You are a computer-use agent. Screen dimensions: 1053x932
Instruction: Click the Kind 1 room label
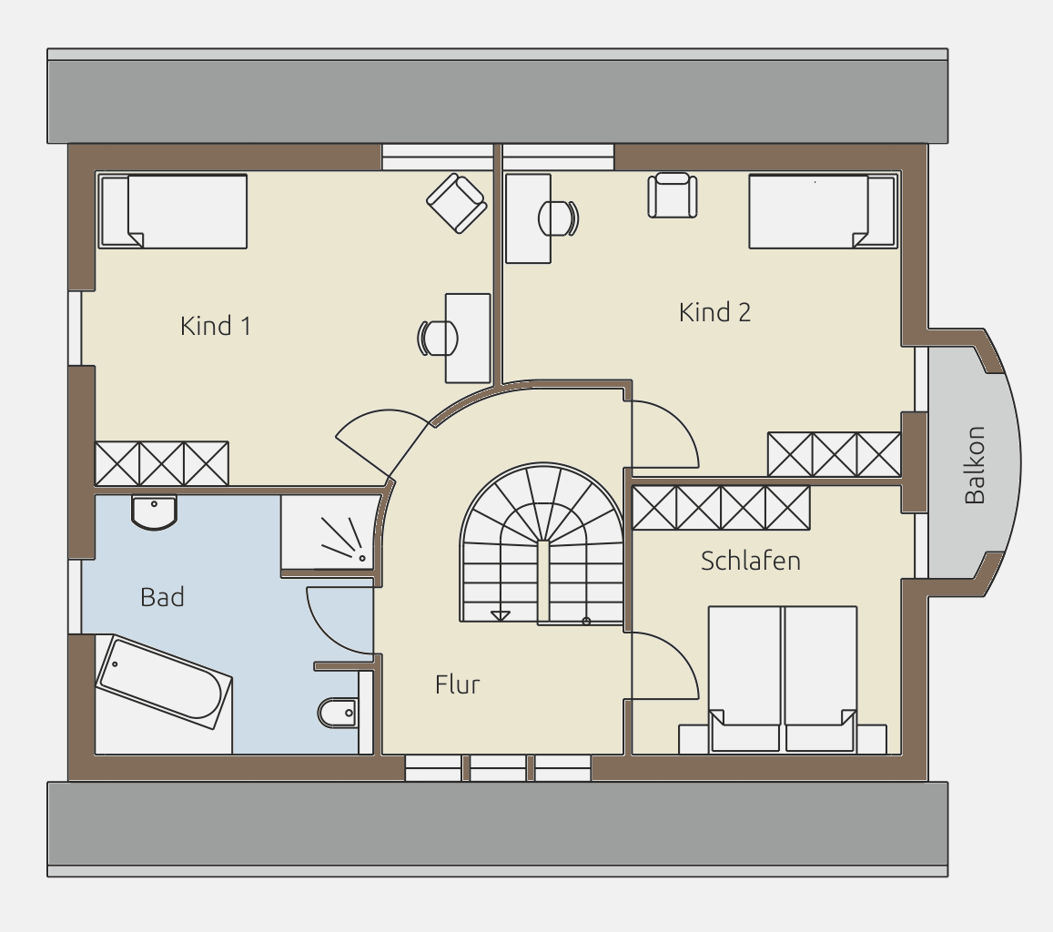tap(216, 326)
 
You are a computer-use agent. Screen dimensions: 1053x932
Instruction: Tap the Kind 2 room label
tap(714, 312)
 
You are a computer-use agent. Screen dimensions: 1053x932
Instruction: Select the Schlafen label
tap(750, 561)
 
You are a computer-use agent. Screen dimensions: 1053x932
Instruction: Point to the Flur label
tap(457, 684)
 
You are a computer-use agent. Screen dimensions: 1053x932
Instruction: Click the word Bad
tap(162, 597)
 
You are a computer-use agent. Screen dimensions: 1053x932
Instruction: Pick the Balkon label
tap(975, 465)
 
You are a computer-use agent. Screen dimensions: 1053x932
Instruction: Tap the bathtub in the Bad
tap(165, 682)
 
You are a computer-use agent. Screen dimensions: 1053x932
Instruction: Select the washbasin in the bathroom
tap(155, 513)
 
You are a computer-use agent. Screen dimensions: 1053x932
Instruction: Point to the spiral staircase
tap(542, 543)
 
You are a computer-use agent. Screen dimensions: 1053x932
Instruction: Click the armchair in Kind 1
tap(457, 204)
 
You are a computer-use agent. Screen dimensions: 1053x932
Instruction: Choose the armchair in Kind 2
tap(673, 196)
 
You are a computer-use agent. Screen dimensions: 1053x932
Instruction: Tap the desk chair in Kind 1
tap(438, 338)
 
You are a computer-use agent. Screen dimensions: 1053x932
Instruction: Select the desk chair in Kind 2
tap(558, 218)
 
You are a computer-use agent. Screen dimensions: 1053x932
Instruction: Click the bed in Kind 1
tap(173, 211)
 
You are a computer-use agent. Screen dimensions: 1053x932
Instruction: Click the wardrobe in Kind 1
tap(162, 463)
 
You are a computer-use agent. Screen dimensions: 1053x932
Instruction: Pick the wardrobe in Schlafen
tap(721, 508)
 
